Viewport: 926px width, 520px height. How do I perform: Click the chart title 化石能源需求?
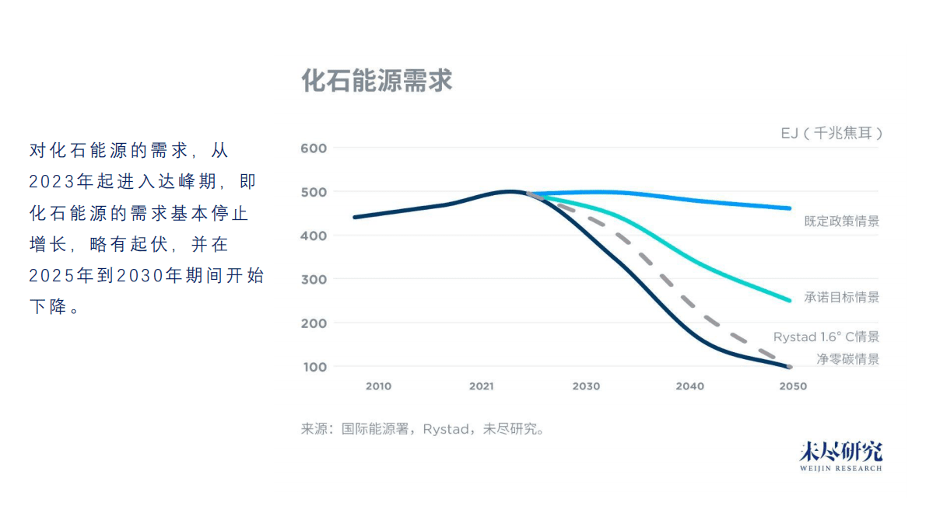click(x=377, y=81)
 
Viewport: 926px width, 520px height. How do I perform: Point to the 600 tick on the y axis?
click(x=314, y=148)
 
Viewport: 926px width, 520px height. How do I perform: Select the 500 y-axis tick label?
click(x=314, y=192)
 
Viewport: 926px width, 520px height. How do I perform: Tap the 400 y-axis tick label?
click(x=314, y=236)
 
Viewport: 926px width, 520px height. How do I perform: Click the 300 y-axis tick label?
click(x=314, y=279)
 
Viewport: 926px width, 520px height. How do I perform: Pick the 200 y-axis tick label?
click(x=314, y=323)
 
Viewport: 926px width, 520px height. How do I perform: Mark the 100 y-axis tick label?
click(x=314, y=367)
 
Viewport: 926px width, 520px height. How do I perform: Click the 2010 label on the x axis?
click(x=378, y=386)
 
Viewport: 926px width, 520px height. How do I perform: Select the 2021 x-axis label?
click(x=482, y=386)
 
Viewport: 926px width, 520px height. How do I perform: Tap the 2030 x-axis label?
click(x=586, y=386)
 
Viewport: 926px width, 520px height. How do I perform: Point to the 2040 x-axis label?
click(x=689, y=386)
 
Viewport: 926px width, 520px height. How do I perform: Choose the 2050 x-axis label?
click(x=793, y=386)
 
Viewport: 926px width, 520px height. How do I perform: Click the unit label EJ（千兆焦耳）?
click(x=832, y=134)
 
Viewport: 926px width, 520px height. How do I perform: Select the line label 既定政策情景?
click(x=841, y=222)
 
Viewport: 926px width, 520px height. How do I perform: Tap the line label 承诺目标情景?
click(x=841, y=298)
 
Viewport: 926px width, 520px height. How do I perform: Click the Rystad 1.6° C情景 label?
click(x=826, y=337)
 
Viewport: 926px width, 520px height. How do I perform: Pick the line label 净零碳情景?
click(x=847, y=359)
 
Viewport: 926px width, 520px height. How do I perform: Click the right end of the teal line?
click(x=789, y=300)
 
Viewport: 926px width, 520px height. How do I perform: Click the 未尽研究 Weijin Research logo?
click(x=840, y=456)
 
